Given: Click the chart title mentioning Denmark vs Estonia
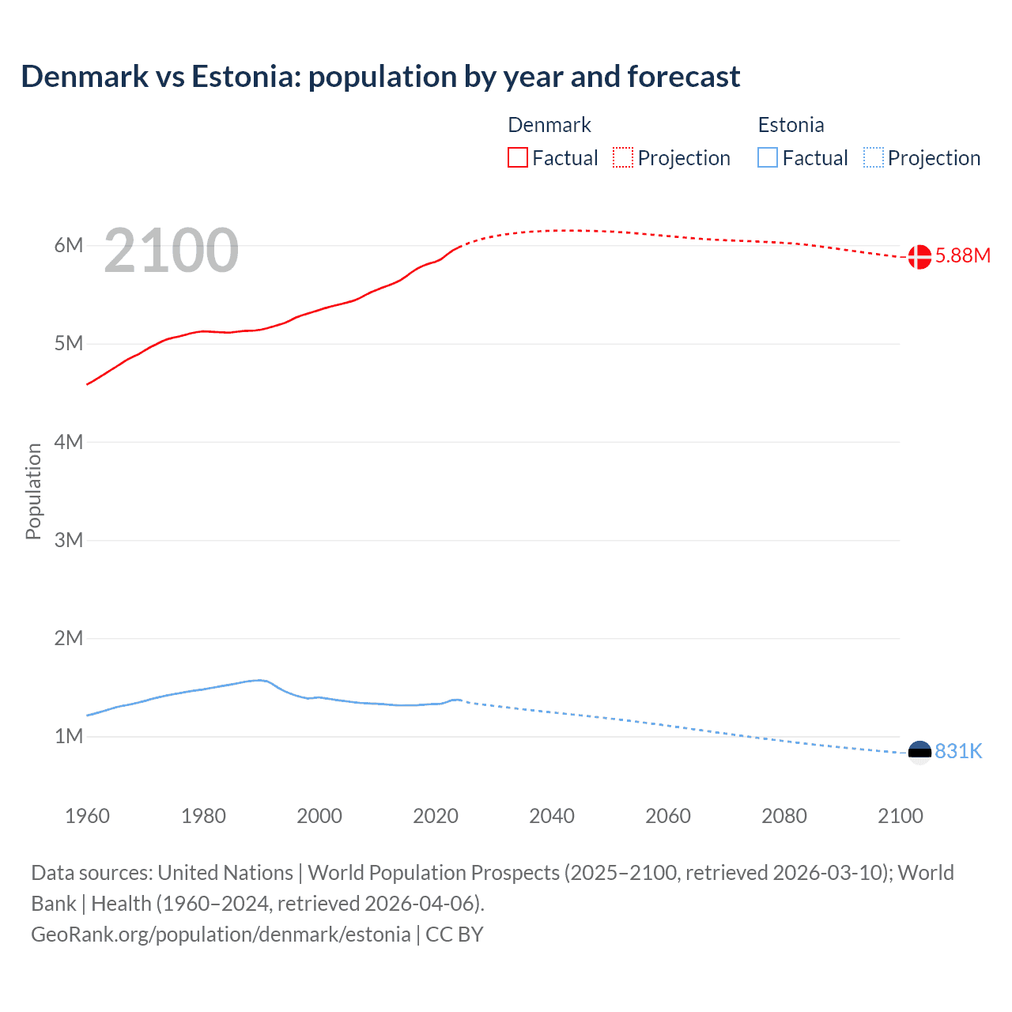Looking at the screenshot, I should [x=380, y=77].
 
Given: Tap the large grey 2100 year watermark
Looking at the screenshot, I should [x=171, y=251].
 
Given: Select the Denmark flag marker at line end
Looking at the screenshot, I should [x=919, y=256].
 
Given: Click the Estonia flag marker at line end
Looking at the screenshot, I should [x=919, y=751].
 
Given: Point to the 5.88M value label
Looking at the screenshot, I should [x=962, y=255].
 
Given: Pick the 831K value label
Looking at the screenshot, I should [x=958, y=751].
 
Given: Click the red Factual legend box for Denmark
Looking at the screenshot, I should [x=518, y=158].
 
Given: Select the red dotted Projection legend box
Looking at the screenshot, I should [x=623, y=158].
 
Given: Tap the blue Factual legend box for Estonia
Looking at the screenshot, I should [x=768, y=158].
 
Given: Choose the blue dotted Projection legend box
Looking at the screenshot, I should [x=874, y=158].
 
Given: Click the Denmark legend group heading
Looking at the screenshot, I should [x=549, y=125].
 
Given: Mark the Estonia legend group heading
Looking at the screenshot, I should [x=791, y=125].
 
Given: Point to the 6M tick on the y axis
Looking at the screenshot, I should [x=69, y=245].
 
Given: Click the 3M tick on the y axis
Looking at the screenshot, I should [x=69, y=540].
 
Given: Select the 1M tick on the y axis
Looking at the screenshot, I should [x=69, y=736].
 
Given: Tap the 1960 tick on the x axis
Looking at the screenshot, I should [x=87, y=816].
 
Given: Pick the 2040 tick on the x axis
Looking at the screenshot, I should [x=552, y=816].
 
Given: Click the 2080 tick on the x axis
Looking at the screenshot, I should [x=784, y=816].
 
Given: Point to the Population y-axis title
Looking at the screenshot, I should [x=33, y=491].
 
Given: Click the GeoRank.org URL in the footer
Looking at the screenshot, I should [x=221, y=935].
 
